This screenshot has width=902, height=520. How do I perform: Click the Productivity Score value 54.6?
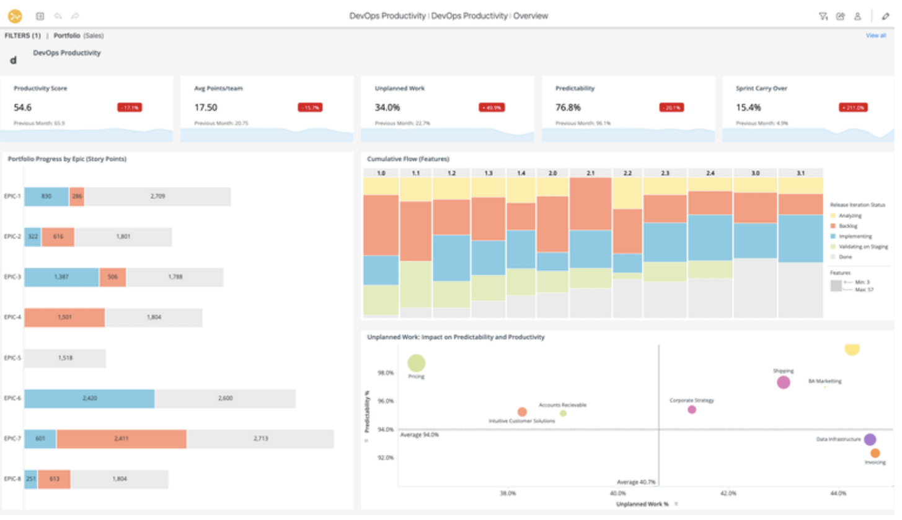pos(23,108)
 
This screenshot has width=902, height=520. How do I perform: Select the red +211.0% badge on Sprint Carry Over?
pos(853,108)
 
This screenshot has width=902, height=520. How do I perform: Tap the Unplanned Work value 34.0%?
pos(387,108)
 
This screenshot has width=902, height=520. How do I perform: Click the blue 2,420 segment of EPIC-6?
pos(89,399)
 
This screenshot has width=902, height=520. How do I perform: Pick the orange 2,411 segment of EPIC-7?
pos(122,439)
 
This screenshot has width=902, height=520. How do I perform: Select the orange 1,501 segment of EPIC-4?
pos(65,318)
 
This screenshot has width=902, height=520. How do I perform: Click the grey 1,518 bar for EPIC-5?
pos(65,358)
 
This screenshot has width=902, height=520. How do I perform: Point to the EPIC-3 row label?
pos(12,277)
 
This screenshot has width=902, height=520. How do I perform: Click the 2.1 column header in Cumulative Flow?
pos(590,173)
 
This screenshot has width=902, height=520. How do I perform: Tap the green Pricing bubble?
pos(417,363)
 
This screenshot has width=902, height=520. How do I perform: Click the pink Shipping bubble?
pos(784,383)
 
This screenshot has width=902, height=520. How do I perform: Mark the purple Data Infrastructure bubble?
pos(870,440)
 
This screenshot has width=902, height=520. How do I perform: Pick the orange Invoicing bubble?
pos(875,453)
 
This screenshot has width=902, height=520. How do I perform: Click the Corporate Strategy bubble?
pos(692,410)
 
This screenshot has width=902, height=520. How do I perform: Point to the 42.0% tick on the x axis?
pos(728,493)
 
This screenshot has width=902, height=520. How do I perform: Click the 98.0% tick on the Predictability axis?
pos(385,373)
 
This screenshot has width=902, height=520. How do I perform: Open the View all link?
pos(875,36)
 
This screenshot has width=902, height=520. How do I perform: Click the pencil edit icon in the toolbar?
pos(885,16)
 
